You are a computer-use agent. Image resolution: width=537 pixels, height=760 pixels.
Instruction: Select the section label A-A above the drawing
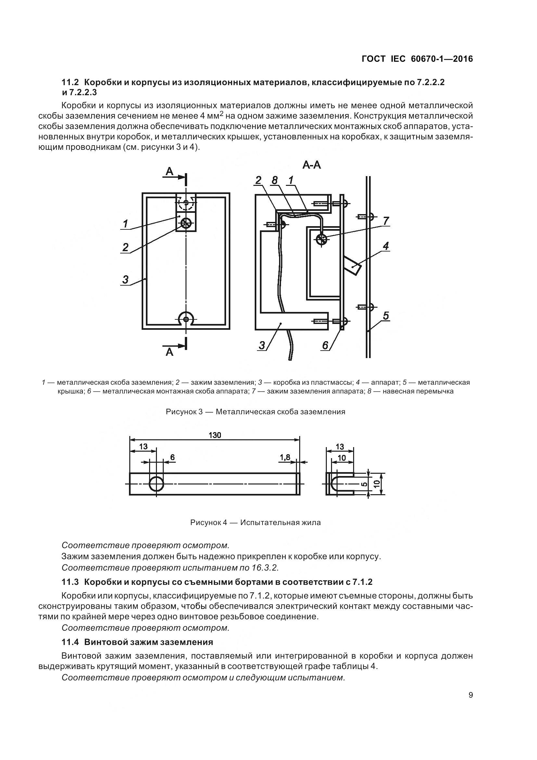pyautogui.click(x=311, y=165)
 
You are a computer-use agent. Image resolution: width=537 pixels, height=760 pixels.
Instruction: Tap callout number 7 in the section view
pyautogui.click(x=386, y=221)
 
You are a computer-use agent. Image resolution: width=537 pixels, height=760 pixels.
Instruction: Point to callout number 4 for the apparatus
pyautogui.click(x=386, y=246)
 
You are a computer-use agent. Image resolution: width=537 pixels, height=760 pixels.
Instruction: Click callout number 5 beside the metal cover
pyautogui.click(x=386, y=316)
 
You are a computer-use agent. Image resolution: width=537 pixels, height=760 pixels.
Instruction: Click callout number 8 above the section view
pyautogui.click(x=274, y=180)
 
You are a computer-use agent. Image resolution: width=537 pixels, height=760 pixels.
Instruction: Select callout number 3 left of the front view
pyautogui.click(x=125, y=279)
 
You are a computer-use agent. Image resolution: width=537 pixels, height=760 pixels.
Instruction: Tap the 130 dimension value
pyautogui.click(x=215, y=435)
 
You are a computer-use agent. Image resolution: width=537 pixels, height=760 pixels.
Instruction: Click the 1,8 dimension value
pyautogui.click(x=285, y=457)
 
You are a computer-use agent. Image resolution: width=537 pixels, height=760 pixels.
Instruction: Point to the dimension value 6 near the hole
pyautogui.click(x=173, y=457)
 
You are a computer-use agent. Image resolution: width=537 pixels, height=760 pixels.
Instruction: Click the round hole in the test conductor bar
pyautogui.click(x=157, y=484)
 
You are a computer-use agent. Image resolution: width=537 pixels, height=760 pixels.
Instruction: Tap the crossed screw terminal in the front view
pyautogui.click(x=186, y=224)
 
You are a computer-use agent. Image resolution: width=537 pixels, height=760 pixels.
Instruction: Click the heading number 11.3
pyautogui.click(x=70, y=582)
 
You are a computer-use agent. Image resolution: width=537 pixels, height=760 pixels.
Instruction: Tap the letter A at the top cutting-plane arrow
pyautogui.click(x=169, y=171)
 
